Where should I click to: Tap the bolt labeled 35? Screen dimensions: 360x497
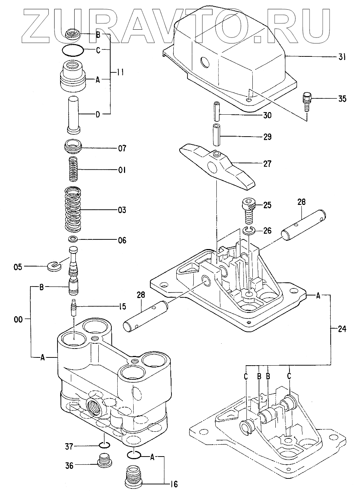coord(307,102)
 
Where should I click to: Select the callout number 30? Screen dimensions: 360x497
coord(267,115)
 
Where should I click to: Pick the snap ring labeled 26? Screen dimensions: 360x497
coord(248,231)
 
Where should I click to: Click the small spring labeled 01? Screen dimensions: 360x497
coord(73,169)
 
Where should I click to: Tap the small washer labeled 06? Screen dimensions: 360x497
coord(73,239)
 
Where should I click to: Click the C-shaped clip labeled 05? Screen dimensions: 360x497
coord(54,266)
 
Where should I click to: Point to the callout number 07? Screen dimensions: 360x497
coord(122,148)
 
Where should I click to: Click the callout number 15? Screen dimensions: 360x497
coord(122,307)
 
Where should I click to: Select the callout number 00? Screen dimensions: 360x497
coord(18,320)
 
